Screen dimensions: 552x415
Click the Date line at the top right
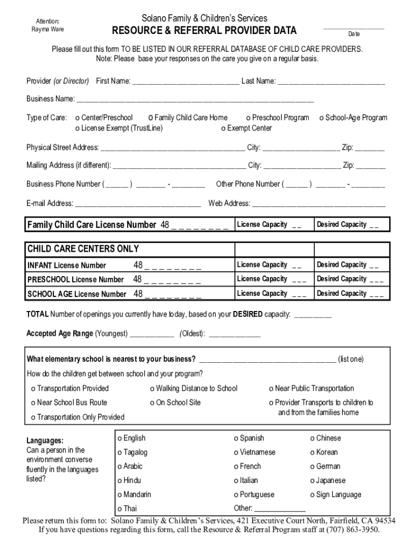(x=354, y=27)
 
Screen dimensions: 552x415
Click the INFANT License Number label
(x=67, y=265)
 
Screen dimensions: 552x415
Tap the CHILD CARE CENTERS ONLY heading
(x=83, y=249)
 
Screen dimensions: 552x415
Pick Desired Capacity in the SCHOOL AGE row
(x=350, y=294)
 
